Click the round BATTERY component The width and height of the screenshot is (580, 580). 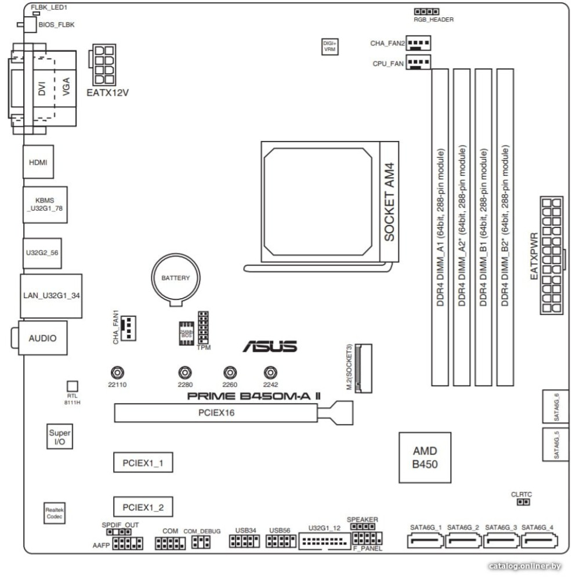[176, 279]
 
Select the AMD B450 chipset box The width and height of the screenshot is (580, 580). [425, 458]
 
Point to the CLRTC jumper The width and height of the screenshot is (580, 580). [521, 502]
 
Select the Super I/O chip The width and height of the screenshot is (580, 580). [60, 437]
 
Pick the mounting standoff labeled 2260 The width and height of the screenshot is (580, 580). [230, 372]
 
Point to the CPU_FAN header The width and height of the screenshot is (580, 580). [418, 62]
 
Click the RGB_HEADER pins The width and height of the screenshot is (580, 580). [426, 12]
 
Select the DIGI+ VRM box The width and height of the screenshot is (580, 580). [329, 46]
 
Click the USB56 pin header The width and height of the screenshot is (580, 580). [280, 541]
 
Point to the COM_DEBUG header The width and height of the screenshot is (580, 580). [200, 542]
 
